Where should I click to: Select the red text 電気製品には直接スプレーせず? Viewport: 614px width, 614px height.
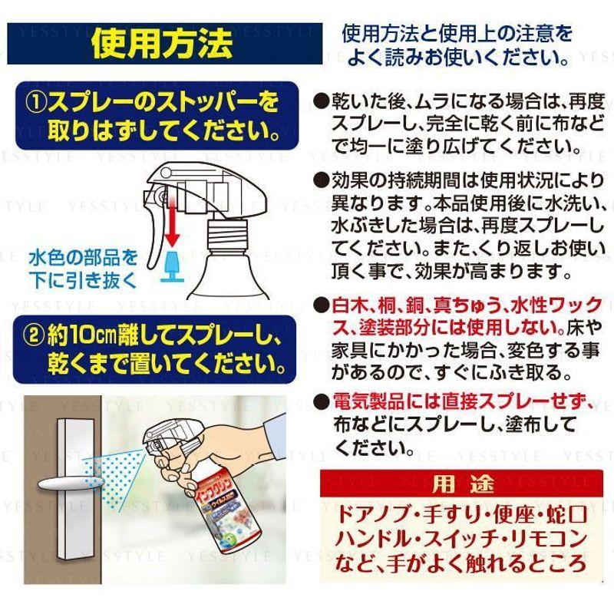tap(452, 401)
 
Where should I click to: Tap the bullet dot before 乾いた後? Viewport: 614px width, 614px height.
tap(320, 101)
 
